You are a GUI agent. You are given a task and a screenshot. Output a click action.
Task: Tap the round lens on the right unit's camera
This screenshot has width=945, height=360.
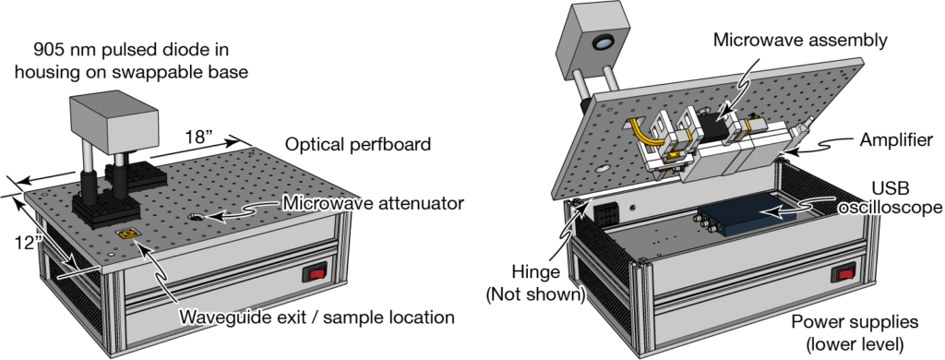tap(604, 42)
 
